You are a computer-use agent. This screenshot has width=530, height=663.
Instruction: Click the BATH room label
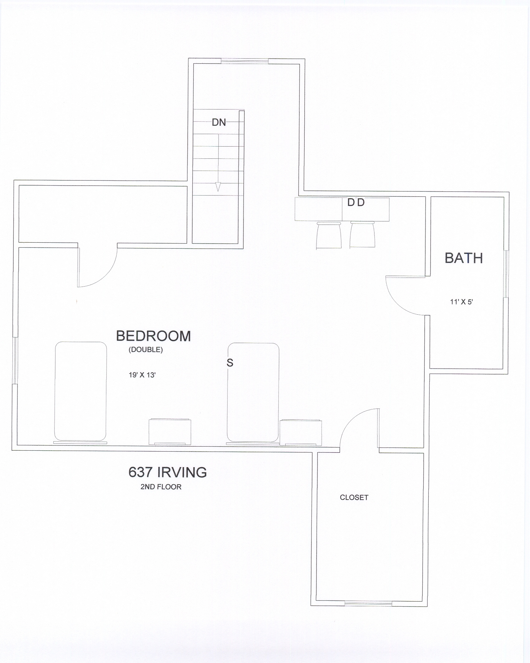pyautogui.click(x=464, y=258)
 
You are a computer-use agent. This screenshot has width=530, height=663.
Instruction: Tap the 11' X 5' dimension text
pyautogui.click(x=461, y=302)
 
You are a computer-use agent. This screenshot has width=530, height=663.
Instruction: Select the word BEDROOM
pyautogui.click(x=153, y=336)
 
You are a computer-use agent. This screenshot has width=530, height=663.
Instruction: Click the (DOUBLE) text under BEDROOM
pyautogui.click(x=146, y=350)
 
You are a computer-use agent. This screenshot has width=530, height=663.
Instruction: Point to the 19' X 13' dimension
pyautogui.click(x=142, y=375)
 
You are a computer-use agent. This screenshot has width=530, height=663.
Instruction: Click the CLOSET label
pyautogui.click(x=354, y=497)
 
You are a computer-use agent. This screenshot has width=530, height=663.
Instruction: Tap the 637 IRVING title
pyautogui.click(x=168, y=472)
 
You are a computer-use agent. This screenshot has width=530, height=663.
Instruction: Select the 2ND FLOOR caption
pyautogui.click(x=161, y=487)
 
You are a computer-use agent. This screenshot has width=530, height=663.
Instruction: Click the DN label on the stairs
pyautogui.click(x=219, y=122)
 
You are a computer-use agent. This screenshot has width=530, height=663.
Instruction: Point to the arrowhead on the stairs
pyautogui.click(x=218, y=187)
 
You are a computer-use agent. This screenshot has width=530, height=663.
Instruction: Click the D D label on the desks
pyautogui.click(x=356, y=203)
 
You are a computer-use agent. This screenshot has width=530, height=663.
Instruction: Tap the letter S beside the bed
pyautogui.click(x=230, y=362)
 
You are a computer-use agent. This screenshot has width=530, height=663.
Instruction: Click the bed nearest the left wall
pyautogui.click(x=81, y=392)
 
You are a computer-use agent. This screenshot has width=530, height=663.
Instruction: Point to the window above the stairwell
pyautogui.click(x=245, y=61)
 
